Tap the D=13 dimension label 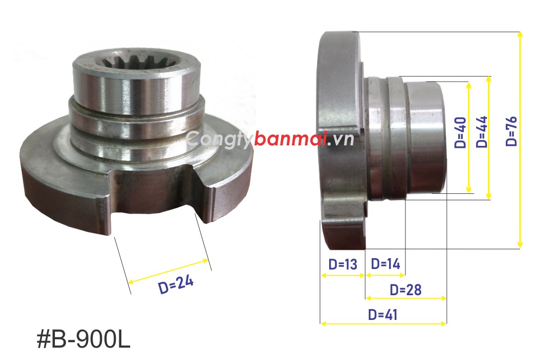[x=342, y=264]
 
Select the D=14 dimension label [x=385, y=264]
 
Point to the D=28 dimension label [x=405, y=289]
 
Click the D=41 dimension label [x=383, y=315]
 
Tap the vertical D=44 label [x=481, y=132]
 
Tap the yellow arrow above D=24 [x=168, y=270]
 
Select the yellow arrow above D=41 [x=384, y=323]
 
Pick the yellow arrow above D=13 [x=342, y=275]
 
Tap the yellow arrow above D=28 [x=406, y=298]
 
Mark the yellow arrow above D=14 [x=385, y=275]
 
